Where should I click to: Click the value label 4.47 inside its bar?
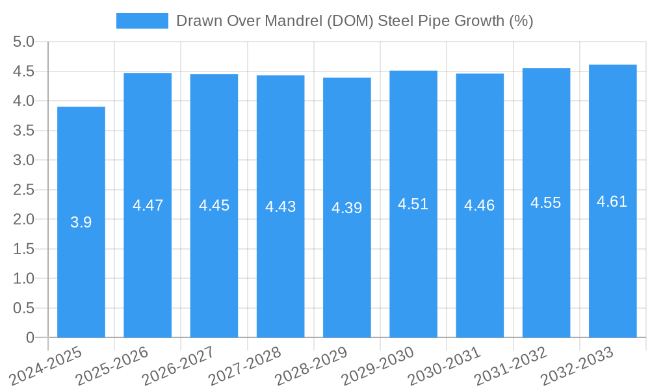click(x=148, y=205)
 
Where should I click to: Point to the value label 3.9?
click(x=81, y=222)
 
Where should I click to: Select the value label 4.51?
click(x=413, y=204)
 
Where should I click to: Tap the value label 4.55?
click(x=546, y=203)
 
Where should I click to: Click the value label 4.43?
click(x=280, y=207)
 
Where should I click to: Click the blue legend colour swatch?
click(x=142, y=21)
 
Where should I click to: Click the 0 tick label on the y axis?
click(x=30, y=338)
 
